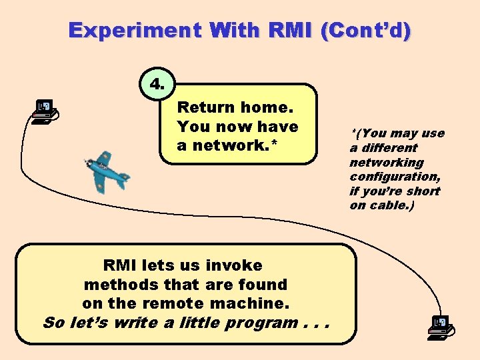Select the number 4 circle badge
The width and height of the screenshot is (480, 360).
click(158, 85)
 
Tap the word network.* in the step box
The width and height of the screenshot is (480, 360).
click(237, 145)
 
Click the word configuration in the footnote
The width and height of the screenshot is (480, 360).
click(394, 177)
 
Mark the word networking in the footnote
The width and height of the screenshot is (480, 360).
click(387, 163)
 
